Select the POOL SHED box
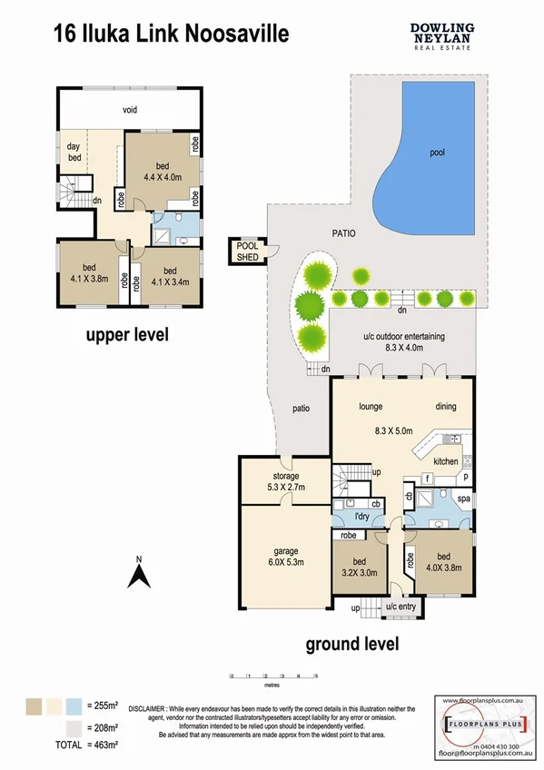click(x=247, y=252)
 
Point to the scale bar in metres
click(x=273, y=676)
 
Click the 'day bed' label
click(x=74, y=152)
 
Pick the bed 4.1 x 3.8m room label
click(x=90, y=272)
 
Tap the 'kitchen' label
click(x=445, y=462)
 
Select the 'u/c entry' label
click(x=401, y=606)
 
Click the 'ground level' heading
click(x=351, y=646)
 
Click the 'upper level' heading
click(x=127, y=335)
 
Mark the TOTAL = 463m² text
click(x=64, y=744)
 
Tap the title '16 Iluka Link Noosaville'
click(x=171, y=35)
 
